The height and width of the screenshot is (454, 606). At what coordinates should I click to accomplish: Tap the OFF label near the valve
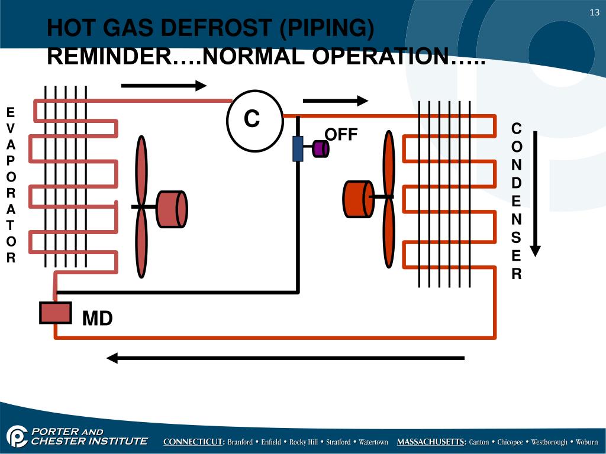tap(341, 135)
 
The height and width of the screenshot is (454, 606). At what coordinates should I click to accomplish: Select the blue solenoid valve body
tap(298, 148)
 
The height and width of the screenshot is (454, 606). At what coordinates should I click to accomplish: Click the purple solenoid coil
tap(320, 148)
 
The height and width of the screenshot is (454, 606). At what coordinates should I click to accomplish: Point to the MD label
tap(97, 319)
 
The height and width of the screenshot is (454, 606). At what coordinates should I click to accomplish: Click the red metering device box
tap(56, 313)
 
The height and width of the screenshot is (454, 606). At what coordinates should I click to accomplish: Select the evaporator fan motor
tap(172, 209)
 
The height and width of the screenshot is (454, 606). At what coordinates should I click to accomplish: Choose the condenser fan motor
tap(357, 198)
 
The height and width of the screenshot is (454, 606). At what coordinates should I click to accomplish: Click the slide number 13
tap(594, 14)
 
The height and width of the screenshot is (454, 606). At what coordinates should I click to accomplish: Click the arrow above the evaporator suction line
tap(163, 85)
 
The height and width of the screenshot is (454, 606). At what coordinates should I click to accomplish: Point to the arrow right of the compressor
tap(336, 100)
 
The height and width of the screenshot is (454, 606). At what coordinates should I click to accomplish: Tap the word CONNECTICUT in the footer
tap(194, 442)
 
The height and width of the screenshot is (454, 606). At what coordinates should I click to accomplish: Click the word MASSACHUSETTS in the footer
tap(431, 442)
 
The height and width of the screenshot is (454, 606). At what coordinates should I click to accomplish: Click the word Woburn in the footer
tap(587, 442)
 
